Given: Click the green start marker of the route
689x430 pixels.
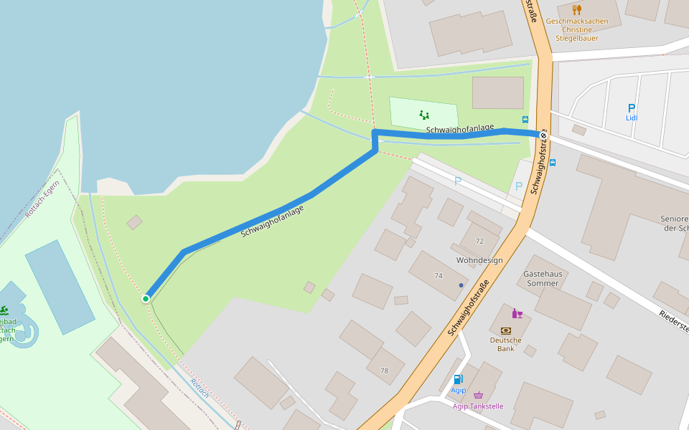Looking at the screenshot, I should [x=146, y=298].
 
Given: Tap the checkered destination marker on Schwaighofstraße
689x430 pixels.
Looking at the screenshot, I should [x=543, y=135].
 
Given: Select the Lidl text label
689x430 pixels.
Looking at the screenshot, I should [x=632, y=118].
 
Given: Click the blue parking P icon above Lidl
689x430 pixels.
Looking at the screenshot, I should [x=632, y=108].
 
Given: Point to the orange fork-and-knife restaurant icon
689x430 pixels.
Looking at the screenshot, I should [x=576, y=9].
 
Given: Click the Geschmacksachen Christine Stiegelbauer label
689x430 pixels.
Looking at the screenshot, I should [x=576, y=29].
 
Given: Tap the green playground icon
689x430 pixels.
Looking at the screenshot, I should [x=424, y=113].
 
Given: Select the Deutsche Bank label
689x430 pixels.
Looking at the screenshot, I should [x=505, y=344].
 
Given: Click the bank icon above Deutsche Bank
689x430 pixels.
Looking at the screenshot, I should [x=505, y=330].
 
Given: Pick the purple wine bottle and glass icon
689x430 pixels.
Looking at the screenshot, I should [x=517, y=313].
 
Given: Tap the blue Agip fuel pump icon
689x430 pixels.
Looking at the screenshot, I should [x=458, y=379].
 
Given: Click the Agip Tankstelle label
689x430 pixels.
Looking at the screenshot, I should [x=478, y=406].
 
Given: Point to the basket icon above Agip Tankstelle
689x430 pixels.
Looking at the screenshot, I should [x=479, y=395].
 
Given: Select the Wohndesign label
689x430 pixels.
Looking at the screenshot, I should [x=479, y=260].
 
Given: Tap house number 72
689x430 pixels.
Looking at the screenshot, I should [x=479, y=241].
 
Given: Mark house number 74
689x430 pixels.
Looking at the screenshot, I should [x=438, y=275].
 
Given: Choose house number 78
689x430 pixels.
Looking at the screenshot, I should [x=384, y=371].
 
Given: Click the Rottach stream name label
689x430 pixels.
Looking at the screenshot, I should [x=200, y=388].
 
